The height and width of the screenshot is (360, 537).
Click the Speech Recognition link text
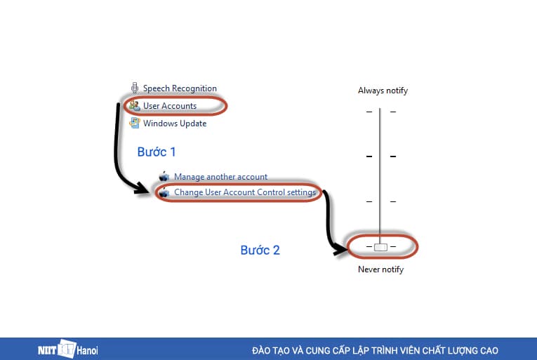pyautogui.click(x=180, y=88)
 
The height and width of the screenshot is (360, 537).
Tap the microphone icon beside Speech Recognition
pyautogui.click(x=134, y=88)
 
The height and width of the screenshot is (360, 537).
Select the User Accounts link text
pyautogui.click(x=169, y=106)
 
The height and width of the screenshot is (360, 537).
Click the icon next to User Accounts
pyautogui.click(x=135, y=106)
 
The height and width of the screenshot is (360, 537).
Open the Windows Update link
pyautogui.click(x=175, y=124)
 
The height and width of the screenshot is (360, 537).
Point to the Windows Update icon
pyautogui.click(x=135, y=124)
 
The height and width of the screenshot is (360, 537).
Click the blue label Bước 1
pyautogui.click(x=157, y=152)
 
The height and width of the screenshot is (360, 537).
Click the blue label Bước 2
pyautogui.click(x=260, y=250)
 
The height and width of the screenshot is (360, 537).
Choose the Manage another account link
pyautogui.click(x=220, y=177)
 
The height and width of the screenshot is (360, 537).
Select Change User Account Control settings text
pyautogui.click(x=245, y=192)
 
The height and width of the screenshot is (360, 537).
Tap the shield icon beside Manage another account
pyautogui.click(x=164, y=177)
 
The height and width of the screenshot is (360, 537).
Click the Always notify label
pyautogui.click(x=383, y=91)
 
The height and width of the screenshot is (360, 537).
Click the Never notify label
pyautogui.click(x=381, y=269)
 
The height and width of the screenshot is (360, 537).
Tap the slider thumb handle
pyautogui.click(x=380, y=247)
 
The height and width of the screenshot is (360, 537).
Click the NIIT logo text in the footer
pyautogui.click(x=48, y=349)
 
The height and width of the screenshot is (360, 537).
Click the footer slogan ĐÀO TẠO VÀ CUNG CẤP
pyautogui.click(x=375, y=349)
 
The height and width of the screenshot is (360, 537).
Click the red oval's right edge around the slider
pyautogui.click(x=418, y=246)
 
